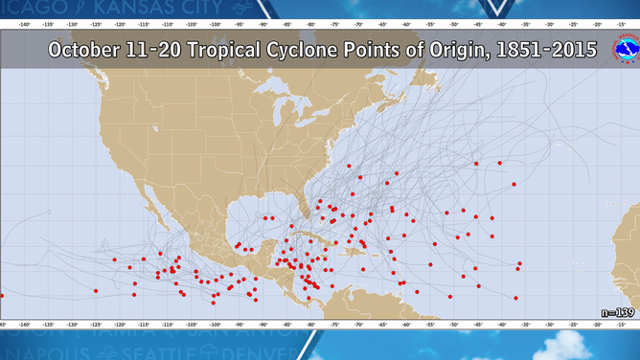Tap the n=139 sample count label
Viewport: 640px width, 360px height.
[617, 313]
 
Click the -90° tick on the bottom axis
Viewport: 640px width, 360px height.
[263, 325]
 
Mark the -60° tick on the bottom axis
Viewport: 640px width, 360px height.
[405, 325]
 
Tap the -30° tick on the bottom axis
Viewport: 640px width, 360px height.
[548, 325]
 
